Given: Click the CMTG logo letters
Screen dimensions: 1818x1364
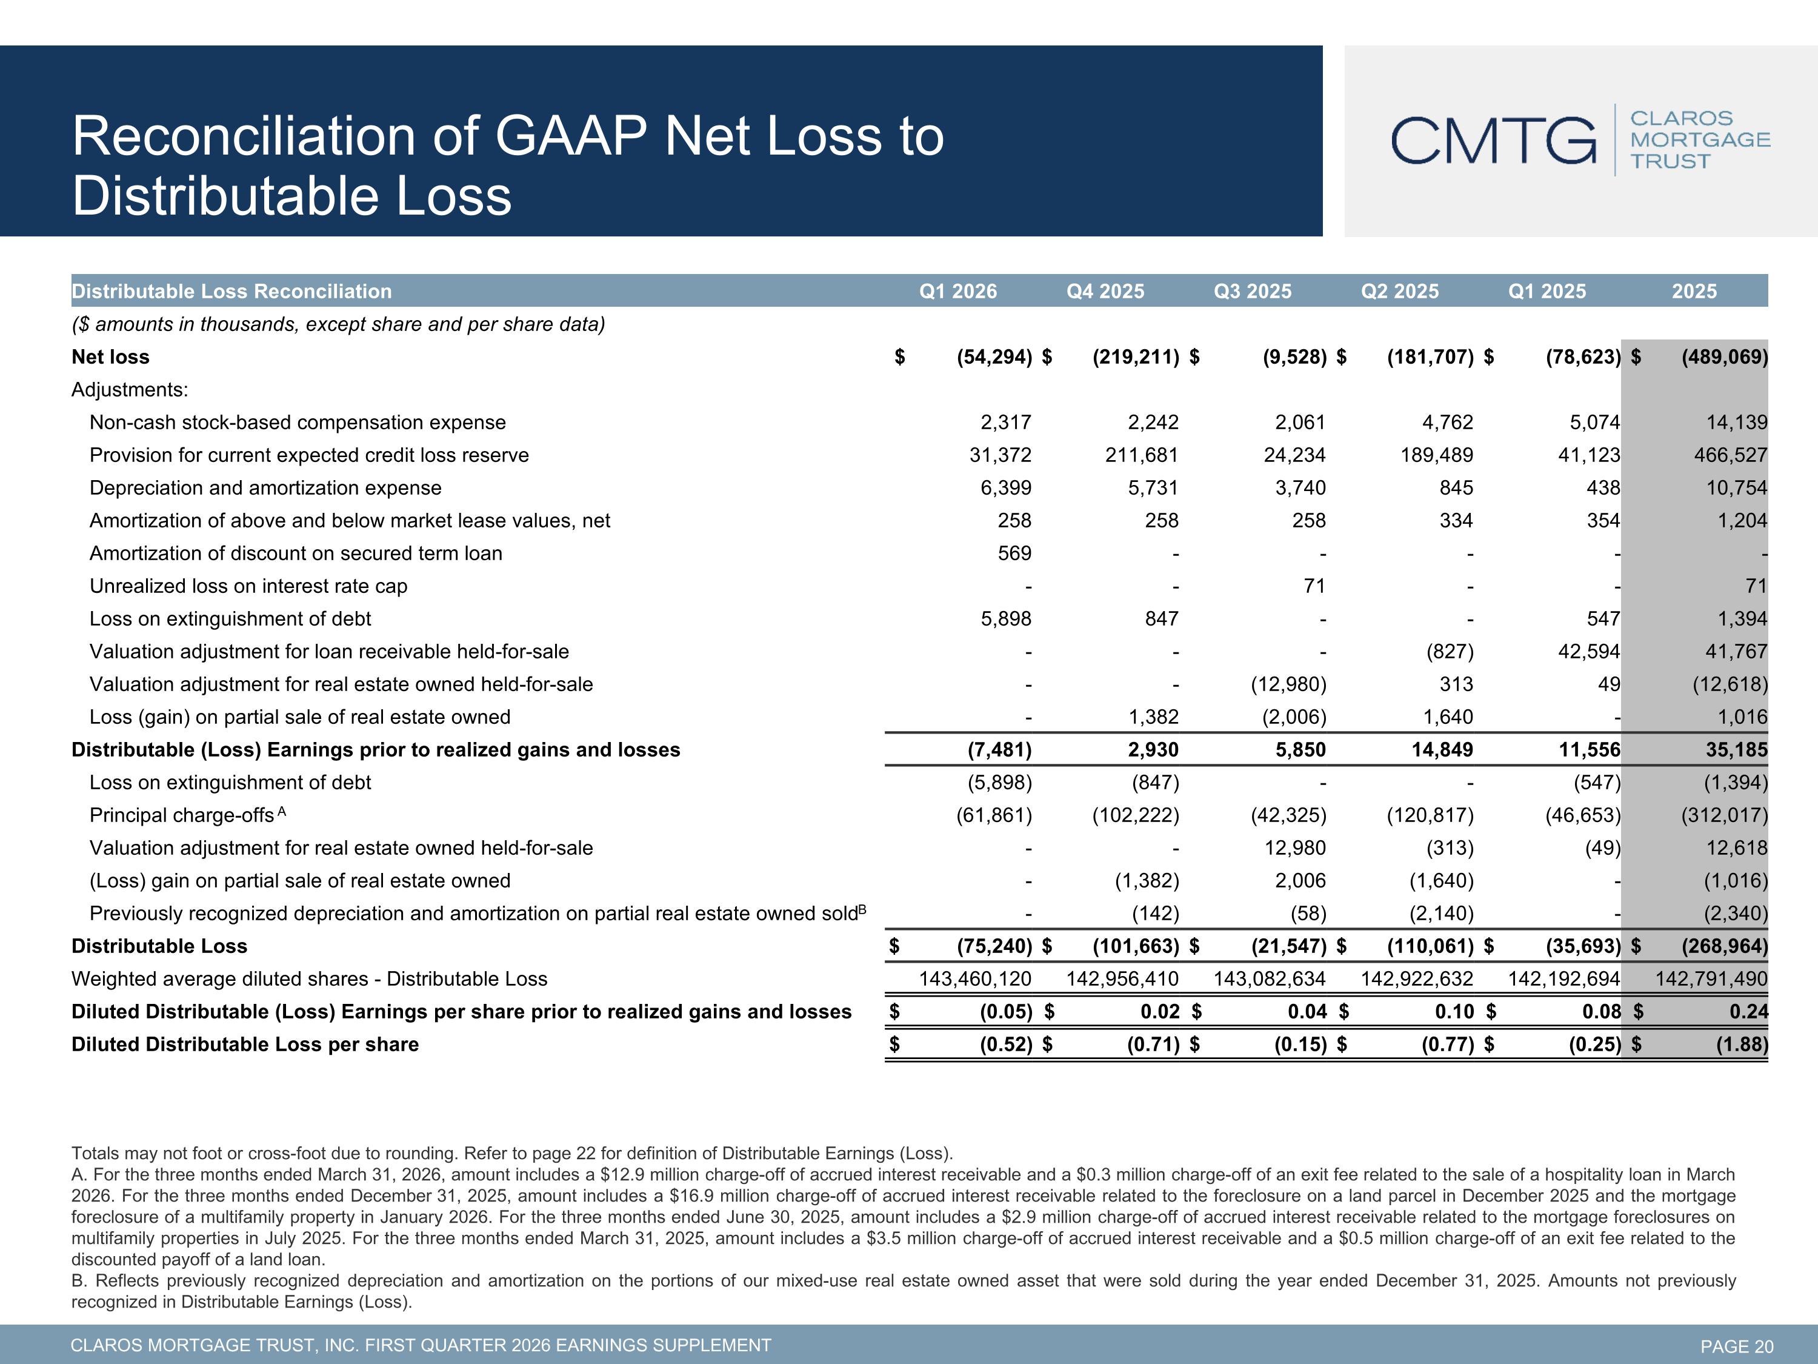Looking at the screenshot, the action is pos(1493,141).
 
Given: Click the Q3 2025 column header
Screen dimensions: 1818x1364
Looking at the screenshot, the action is pos(1253,291).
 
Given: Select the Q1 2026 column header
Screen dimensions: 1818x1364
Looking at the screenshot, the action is pos(957,291).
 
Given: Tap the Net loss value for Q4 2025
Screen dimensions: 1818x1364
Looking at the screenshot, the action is pos(1136,357).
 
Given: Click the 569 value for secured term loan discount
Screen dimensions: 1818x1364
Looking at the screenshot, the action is pos(1014,553).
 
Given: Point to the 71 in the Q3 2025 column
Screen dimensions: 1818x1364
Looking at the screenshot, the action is pos(1314,586).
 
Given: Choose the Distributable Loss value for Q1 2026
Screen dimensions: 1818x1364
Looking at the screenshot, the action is pos(994,946).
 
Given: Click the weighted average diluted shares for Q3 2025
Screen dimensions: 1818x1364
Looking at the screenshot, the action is pos(1270,978).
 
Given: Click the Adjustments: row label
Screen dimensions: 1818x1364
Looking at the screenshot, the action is pos(130,389).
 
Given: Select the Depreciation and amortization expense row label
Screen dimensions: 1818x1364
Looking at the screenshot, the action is pos(265,487).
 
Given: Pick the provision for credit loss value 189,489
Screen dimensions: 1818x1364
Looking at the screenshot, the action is pos(1437,455).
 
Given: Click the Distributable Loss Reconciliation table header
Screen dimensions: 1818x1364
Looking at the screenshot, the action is pos(231,291).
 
